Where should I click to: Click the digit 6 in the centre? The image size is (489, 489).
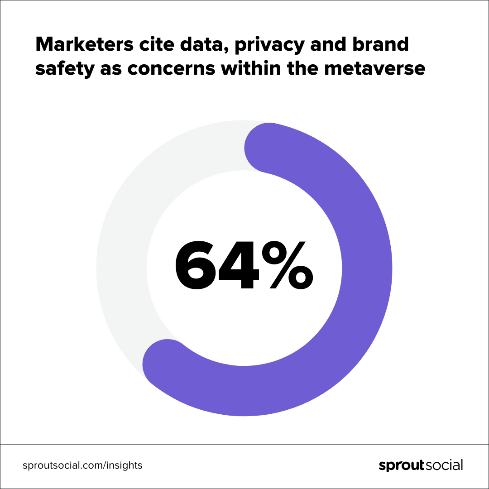pyautogui.click(x=195, y=266)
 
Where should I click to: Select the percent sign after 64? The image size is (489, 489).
pyautogui.click(x=287, y=266)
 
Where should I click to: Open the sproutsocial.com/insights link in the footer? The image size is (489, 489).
pyautogui.click(x=82, y=465)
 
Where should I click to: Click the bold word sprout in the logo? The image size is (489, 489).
pyautogui.click(x=400, y=465)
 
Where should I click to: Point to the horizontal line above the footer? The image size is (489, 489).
pyautogui.click(x=244, y=445)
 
